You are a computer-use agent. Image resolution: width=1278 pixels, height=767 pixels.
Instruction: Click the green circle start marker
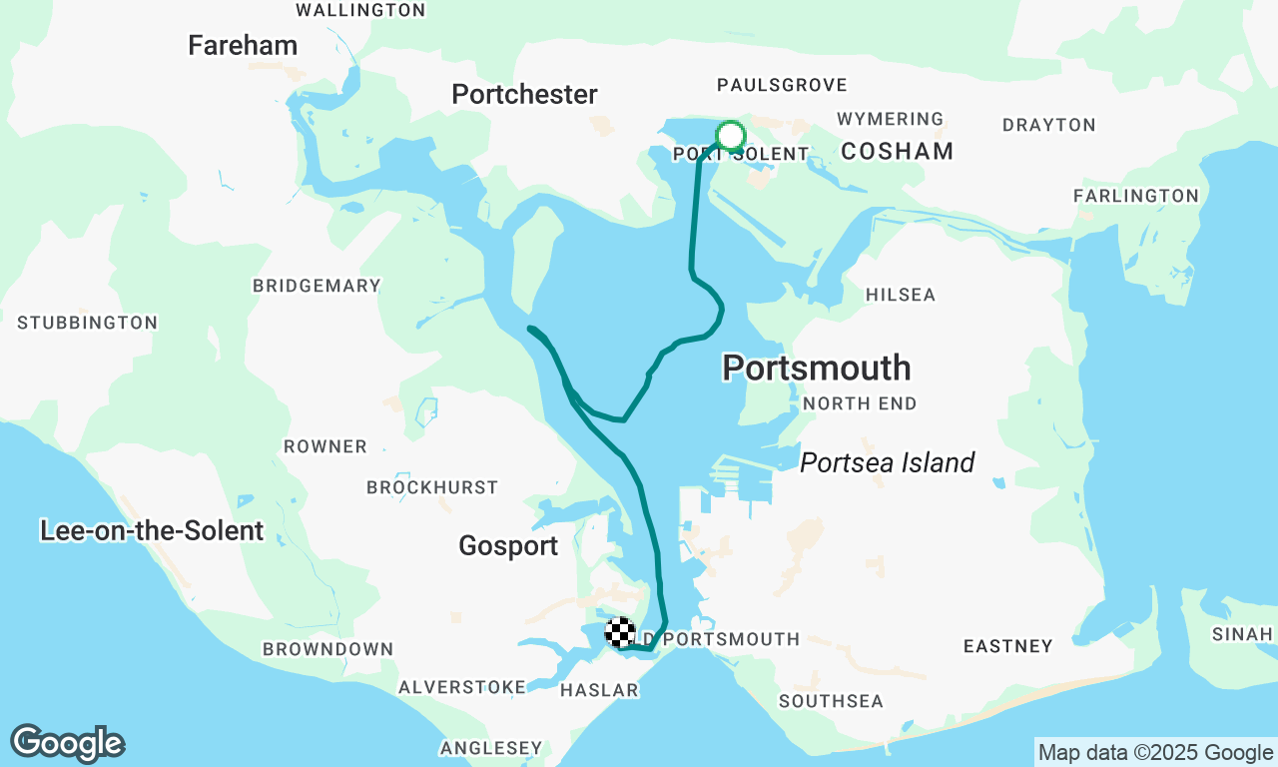[731, 135]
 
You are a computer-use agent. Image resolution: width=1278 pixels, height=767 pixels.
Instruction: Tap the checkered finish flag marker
[620, 632]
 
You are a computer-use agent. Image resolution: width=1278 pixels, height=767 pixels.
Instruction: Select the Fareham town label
[243, 45]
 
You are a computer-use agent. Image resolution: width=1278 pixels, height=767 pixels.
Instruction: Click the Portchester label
[524, 95]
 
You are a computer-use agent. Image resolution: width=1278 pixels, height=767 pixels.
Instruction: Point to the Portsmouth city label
[816, 368]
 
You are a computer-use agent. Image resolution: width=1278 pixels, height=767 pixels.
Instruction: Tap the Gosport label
[508, 546]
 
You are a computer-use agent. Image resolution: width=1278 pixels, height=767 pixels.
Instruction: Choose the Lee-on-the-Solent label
[152, 530]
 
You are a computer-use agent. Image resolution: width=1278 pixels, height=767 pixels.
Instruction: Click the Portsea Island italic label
[887, 462]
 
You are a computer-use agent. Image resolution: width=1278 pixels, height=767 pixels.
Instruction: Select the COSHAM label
[897, 151]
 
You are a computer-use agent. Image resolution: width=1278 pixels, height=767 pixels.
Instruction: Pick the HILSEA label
[900, 295]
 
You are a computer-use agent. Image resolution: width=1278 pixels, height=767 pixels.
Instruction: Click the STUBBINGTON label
[87, 323]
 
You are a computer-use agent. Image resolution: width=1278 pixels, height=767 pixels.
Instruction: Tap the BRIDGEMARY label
[317, 286]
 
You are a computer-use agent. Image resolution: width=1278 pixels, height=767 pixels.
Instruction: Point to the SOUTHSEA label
[831, 701]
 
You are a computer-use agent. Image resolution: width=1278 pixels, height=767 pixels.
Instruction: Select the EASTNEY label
[1007, 646]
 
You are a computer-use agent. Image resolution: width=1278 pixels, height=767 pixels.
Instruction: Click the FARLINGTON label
[1135, 196]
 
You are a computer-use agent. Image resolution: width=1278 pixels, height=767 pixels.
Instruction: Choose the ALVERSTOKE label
[462, 687]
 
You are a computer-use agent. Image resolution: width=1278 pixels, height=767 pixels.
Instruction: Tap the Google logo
[68, 744]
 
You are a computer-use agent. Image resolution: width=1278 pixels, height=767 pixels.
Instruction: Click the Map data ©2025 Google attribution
[1155, 753]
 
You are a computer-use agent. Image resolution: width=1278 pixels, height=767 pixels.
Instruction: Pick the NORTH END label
[859, 403]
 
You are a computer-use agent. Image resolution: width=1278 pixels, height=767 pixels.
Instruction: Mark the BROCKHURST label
[431, 487]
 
